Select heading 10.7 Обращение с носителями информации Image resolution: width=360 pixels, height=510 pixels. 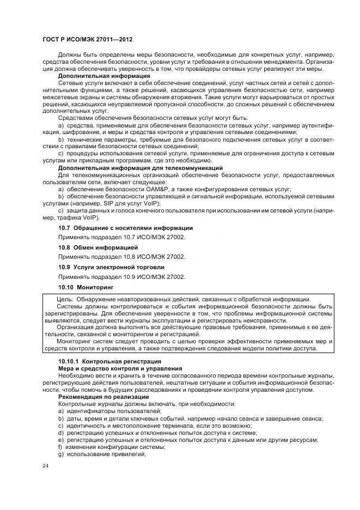coord(125,227)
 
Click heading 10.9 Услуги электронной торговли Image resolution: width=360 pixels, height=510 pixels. coord(111,267)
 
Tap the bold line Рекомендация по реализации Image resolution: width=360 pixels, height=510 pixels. coord(103,397)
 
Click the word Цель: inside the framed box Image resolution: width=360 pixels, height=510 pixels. coord(65,299)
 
